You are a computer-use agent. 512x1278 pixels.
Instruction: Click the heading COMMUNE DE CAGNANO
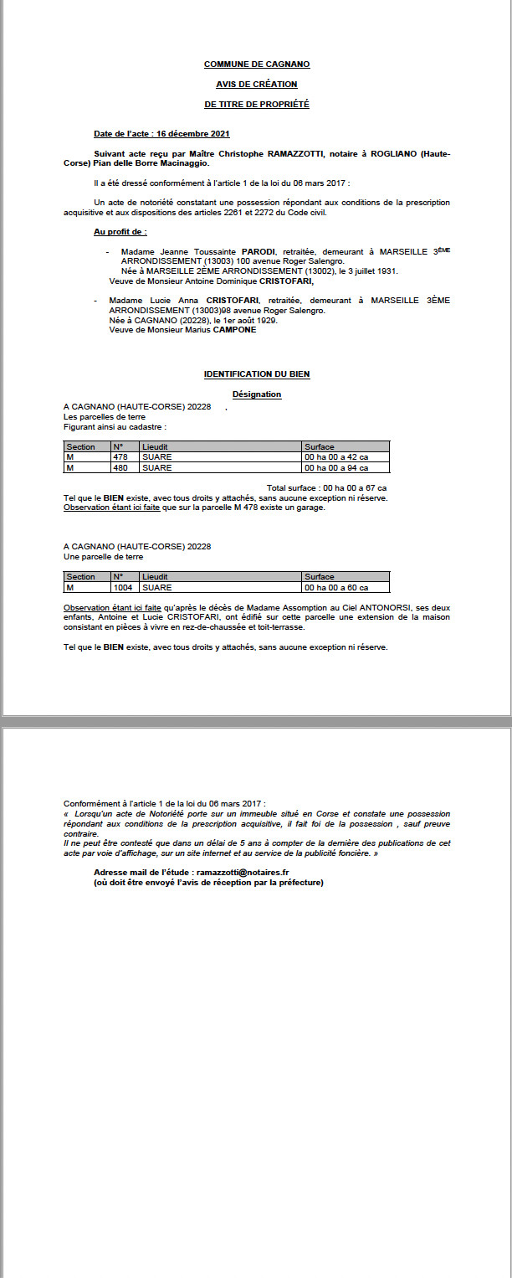(257, 64)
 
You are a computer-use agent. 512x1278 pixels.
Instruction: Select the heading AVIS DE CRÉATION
(257, 85)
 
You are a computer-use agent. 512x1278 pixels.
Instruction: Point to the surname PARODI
(259, 251)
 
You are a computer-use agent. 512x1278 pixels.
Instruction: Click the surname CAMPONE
(233, 330)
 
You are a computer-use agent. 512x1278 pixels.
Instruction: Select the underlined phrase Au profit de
(120, 231)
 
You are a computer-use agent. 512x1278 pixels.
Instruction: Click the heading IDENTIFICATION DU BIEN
(257, 374)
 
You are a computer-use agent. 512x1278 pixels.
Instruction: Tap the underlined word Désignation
(257, 394)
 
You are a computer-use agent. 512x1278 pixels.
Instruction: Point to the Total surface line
(326, 487)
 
